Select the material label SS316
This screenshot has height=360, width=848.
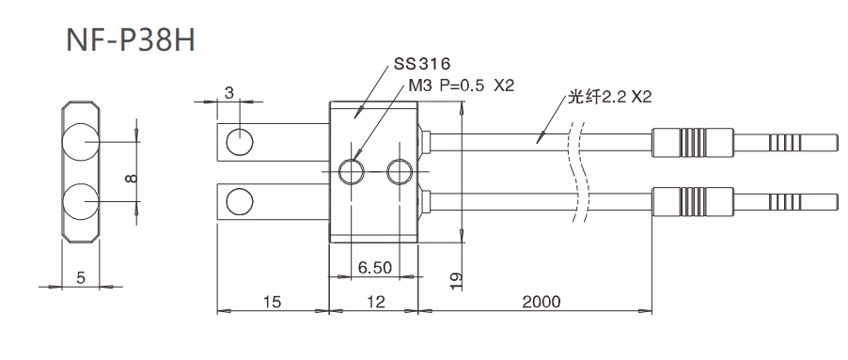coord(422,65)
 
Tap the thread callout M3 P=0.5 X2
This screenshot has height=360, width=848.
coord(462,86)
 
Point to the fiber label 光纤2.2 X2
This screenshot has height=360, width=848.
coord(609,98)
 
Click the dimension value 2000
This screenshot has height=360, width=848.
coord(542,302)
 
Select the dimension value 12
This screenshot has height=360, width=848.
coord(375,302)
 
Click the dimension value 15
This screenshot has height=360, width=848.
coord(272,302)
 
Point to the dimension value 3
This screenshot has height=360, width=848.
coord(229,92)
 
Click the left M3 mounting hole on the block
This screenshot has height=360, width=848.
coord(353,171)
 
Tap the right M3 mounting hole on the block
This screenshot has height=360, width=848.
coord(400,171)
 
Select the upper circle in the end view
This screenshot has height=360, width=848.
coord(80,142)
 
